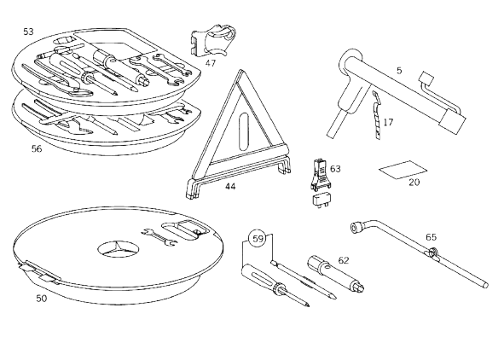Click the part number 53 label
click(28, 32)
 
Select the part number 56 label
click(37, 148)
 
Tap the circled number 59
click(258, 239)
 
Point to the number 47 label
click(211, 63)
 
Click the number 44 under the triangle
click(230, 187)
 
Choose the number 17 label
click(388, 122)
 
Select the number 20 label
click(414, 183)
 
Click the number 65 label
click(431, 237)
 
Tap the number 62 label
click(344, 260)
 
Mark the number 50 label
click(41, 299)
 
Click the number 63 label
click(335, 169)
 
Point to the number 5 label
click(399, 71)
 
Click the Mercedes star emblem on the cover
click(118, 248)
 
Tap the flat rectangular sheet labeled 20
click(403, 170)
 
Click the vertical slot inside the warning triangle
click(244, 132)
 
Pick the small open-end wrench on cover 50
click(159, 237)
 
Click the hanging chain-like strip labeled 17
click(377, 115)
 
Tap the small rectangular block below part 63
click(322, 200)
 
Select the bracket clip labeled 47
click(212, 40)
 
